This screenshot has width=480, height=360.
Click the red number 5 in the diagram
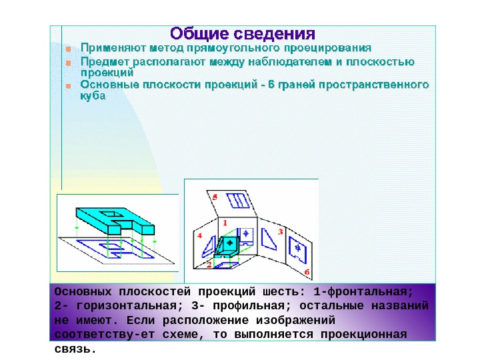click(215, 198)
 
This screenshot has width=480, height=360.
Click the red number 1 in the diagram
click(225, 222)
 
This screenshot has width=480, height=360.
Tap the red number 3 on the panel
click(281, 231)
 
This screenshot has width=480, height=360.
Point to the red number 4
click(199, 236)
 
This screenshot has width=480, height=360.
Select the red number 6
click(307, 272)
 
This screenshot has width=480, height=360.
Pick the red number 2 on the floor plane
click(209, 265)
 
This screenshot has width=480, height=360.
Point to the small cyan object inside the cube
click(229, 246)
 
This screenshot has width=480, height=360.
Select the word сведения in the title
click(274, 33)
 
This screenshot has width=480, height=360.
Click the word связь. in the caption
click(75, 347)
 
